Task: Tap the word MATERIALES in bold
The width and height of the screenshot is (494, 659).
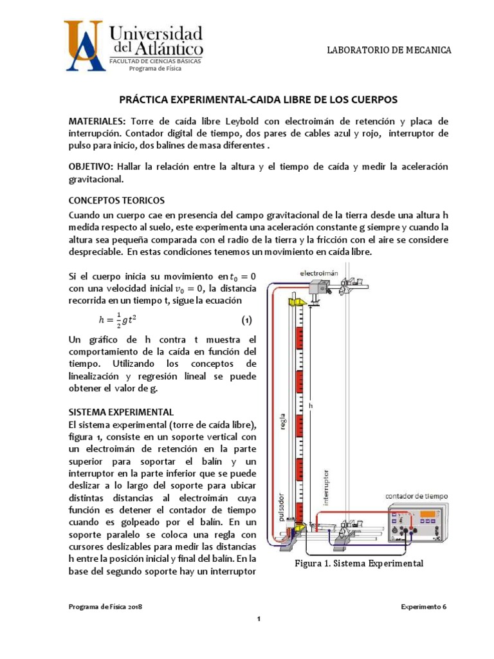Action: click(98, 121)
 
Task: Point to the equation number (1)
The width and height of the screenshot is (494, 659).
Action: click(246, 320)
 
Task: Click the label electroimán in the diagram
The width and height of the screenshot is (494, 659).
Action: click(318, 274)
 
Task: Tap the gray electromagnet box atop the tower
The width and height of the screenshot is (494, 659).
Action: click(317, 288)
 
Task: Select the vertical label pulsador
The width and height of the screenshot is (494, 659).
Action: click(282, 509)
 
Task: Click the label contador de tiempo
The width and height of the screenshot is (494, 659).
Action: click(417, 496)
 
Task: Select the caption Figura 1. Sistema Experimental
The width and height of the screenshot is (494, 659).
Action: click(358, 563)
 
